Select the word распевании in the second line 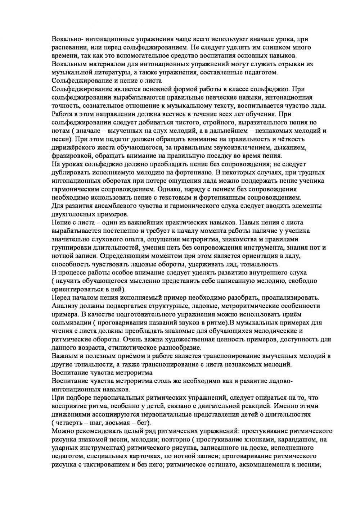[69, 47]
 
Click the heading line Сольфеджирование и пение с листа [107, 81]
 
